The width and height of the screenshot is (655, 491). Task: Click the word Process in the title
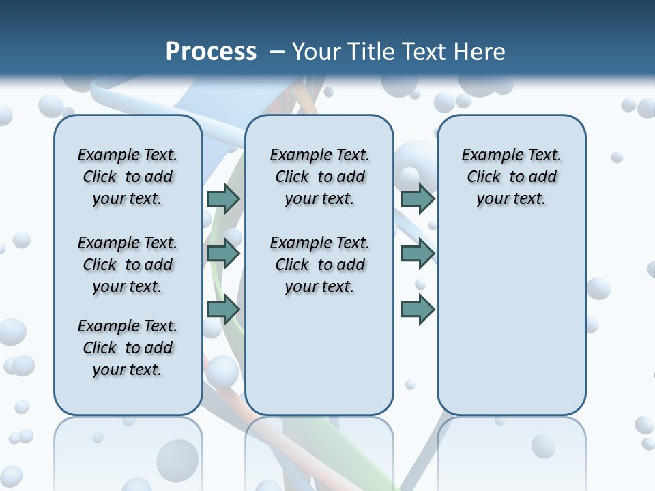211,52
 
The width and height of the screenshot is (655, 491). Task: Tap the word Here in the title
481,52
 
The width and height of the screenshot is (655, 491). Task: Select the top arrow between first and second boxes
223,198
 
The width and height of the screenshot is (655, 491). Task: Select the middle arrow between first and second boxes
223,254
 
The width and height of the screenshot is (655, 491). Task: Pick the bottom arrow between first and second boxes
223,309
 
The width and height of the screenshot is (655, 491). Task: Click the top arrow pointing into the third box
418,198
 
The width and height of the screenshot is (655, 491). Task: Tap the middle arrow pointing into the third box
418,254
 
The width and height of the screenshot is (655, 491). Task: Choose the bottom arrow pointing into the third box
418,309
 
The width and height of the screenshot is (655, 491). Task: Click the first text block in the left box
128,177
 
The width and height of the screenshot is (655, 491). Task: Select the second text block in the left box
128,265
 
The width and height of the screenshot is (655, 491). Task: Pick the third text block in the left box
128,348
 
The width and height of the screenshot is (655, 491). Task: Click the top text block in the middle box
319,177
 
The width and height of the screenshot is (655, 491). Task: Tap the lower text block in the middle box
319,265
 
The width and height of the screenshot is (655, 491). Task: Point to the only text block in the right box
511,177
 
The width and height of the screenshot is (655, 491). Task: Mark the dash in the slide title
276,52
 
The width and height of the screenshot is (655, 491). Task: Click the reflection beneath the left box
128,450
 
